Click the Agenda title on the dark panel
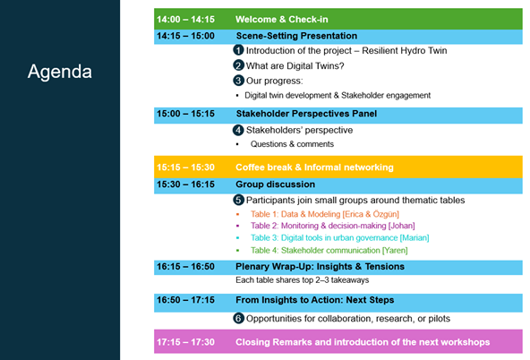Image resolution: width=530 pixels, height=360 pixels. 60,72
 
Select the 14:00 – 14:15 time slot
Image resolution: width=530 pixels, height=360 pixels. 185,20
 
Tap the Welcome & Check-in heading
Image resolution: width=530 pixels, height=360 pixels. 281,20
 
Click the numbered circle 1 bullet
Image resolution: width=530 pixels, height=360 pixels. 238,50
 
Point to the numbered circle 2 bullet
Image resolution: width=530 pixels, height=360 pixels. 238,65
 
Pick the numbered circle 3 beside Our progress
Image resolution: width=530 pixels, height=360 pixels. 238,81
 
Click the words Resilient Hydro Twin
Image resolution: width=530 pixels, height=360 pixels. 405,51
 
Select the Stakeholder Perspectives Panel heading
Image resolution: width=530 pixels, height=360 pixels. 306,114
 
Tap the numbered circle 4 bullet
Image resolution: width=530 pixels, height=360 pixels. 238,130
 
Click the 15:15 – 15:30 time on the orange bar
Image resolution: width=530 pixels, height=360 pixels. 185,167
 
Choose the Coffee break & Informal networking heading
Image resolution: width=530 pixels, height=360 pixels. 314,167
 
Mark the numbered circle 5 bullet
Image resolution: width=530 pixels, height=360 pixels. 238,200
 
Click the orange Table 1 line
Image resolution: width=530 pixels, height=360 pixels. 324,214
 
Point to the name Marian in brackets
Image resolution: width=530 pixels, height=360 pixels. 415,237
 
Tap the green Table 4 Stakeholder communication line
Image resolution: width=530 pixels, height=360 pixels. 329,250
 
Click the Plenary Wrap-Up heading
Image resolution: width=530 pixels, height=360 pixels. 320,266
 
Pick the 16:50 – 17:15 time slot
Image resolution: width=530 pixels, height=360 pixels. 185,300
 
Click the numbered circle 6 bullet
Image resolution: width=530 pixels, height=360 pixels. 238,318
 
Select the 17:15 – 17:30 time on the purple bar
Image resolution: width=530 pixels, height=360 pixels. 185,342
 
